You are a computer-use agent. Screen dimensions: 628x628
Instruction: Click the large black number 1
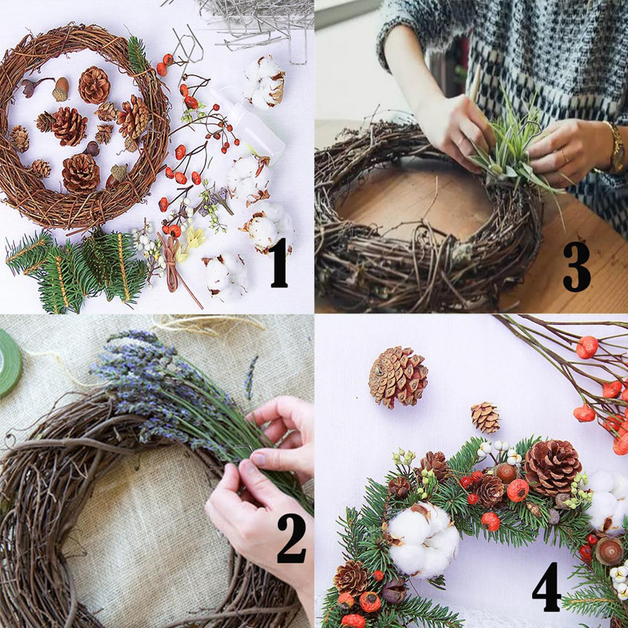tap(279, 262)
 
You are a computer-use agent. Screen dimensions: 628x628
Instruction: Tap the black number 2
tap(291, 538)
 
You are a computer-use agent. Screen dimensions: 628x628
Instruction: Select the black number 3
tap(576, 266)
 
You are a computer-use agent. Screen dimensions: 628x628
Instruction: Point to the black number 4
tap(546, 586)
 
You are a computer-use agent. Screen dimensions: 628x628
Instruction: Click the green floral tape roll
tap(9, 363)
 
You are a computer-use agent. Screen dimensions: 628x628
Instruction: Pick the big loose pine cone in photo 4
tap(398, 377)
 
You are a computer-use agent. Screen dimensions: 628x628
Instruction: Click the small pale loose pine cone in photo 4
tap(485, 418)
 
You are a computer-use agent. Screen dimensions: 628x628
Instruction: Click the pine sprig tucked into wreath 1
tap(138, 55)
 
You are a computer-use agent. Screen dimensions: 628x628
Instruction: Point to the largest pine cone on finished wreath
tap(553, 467)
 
